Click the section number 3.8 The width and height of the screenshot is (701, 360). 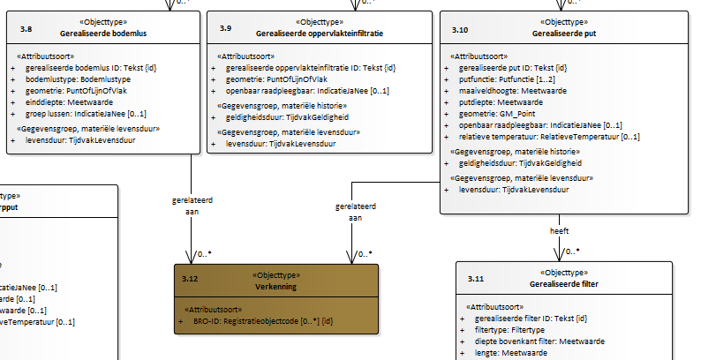[x=26, y=29]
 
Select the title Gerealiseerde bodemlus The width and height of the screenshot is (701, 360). [x=104, y=34]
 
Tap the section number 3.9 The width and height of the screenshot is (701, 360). [x=226, y=29]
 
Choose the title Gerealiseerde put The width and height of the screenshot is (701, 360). [x=569, y=34]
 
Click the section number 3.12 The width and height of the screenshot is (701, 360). [x=188, y=279]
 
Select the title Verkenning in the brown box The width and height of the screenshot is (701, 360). [x=276, y=287]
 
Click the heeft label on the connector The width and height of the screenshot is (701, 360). [x=560, y=230]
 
